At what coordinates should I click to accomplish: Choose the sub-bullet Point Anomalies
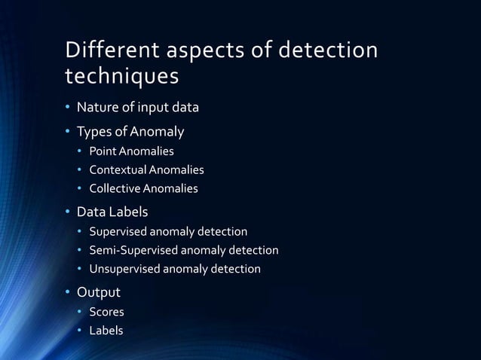click(x=131, y=152)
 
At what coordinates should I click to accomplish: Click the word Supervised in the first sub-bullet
click(x=119, y=231)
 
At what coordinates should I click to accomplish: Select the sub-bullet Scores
click(x=106, y=311)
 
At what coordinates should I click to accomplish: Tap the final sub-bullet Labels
click(x=106, y=330)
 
